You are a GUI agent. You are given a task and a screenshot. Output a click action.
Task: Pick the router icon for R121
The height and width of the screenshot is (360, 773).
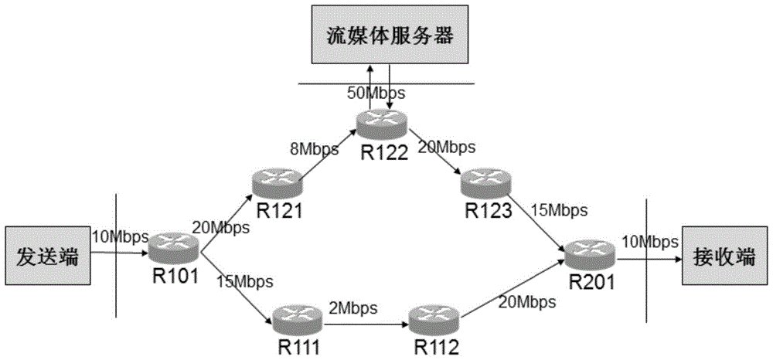pos(274,183)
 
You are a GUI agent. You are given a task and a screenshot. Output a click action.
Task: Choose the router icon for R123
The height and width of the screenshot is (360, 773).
pos(484,183)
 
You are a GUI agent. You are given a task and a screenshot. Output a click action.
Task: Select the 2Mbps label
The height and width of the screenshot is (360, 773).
pos(352,307)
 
